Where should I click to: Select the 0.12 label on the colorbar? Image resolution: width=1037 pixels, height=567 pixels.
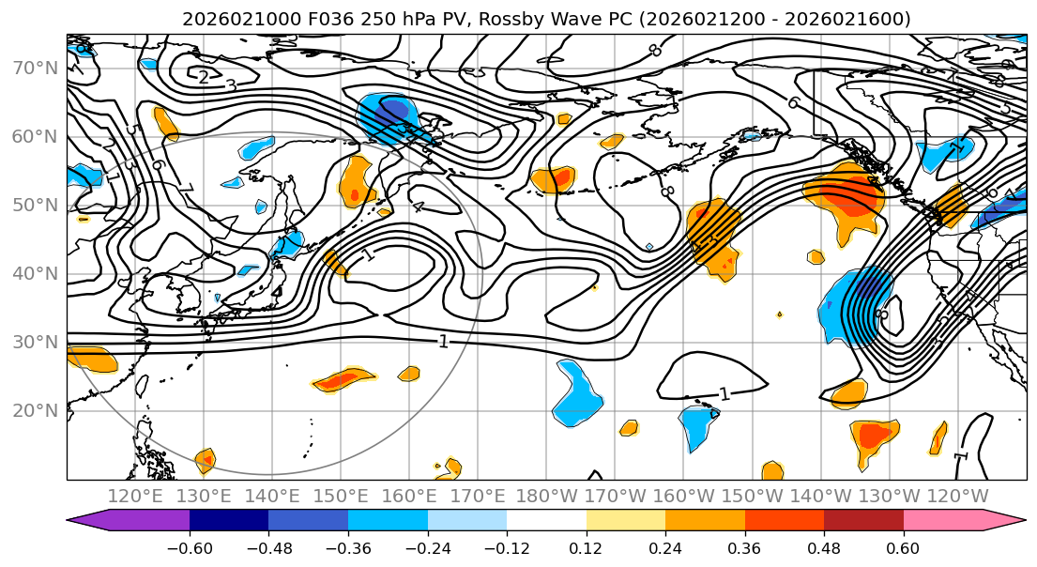586,547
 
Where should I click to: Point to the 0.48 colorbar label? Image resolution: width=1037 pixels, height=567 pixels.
823,547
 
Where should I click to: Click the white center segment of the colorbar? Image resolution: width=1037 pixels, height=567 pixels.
546,521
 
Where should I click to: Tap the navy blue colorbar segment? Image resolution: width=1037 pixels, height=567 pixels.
228,521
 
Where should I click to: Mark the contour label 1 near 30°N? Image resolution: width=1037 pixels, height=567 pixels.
443,342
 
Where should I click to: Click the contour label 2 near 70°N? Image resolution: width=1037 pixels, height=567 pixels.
204,77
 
